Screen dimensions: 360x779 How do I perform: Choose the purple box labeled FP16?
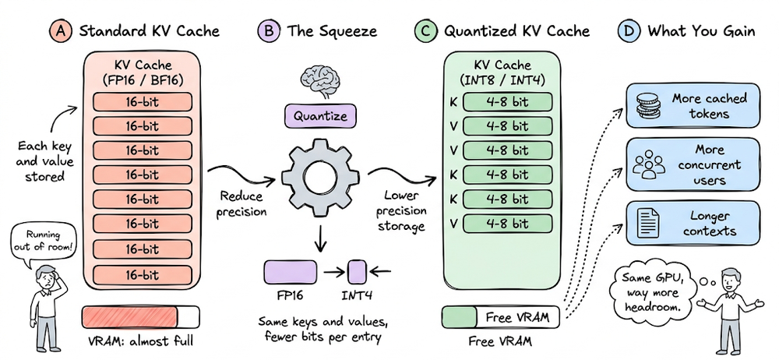tap(291, 272)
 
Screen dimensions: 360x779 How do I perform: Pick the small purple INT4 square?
tap(357, 272)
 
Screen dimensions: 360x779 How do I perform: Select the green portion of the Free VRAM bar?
tap(460, 317)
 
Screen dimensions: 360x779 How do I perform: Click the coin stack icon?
tap(645, 107)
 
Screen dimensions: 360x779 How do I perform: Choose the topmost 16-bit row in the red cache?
tap(142, 102)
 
